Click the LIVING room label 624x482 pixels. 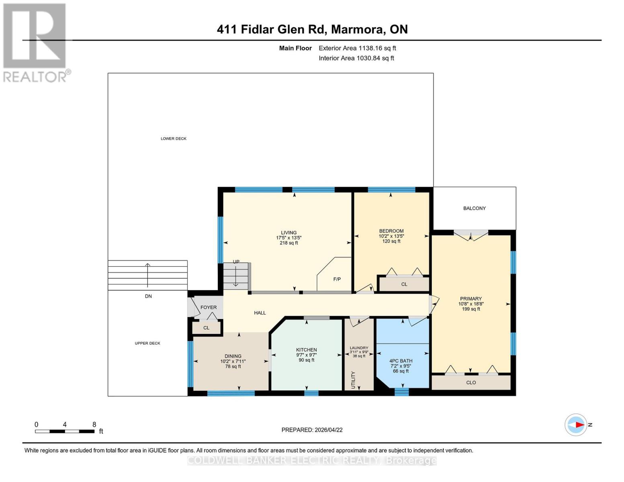point(288,233)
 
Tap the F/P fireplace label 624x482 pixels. point(337,279)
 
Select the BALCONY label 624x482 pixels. point(474,208)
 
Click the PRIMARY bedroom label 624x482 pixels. point(471,298)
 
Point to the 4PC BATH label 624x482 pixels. point(401,361)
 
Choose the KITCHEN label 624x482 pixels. point(306,350)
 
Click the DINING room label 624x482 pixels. point(233,356)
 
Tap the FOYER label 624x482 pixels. point(209,307)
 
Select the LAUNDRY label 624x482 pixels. point(359,348)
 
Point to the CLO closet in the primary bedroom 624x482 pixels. point(471,382)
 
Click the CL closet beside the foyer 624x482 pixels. point(206,328)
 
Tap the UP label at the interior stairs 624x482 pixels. point(236,262)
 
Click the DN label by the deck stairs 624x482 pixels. point(148,296)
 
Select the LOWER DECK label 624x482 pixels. point(174,139)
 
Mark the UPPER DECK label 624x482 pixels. point(147,343)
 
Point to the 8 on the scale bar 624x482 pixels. point(94,425)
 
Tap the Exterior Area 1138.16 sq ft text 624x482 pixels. point(357,48)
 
